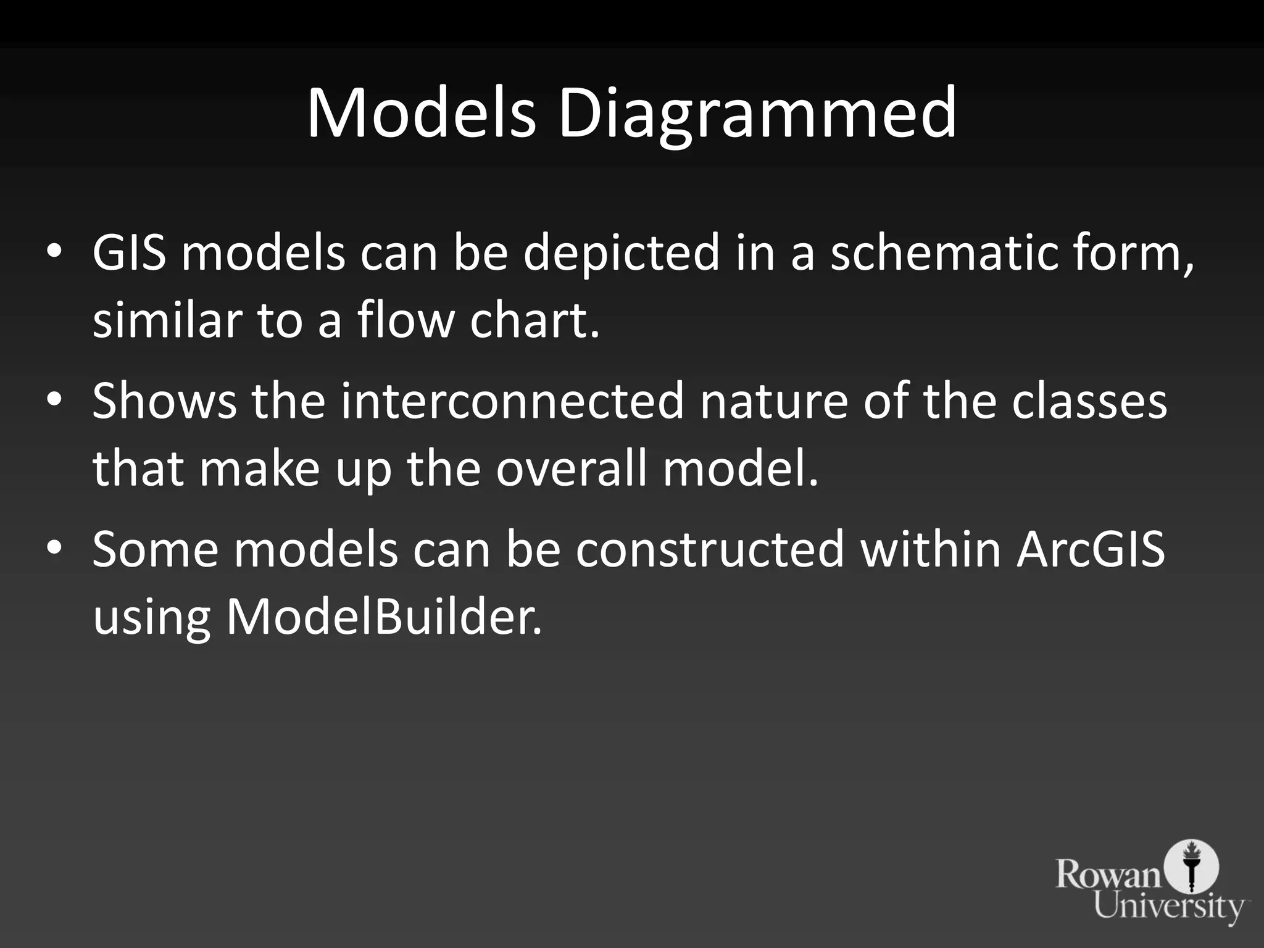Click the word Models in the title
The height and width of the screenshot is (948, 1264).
coord(421,114)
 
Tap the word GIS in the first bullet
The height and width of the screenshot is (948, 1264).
coord(129,252)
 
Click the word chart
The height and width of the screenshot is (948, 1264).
coord(534,320)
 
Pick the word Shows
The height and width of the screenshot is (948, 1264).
coord(164,401)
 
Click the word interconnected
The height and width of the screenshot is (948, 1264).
coord(512,401)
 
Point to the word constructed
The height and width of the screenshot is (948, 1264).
coord(710,549)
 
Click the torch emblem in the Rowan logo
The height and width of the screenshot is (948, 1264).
coord(1191,867)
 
